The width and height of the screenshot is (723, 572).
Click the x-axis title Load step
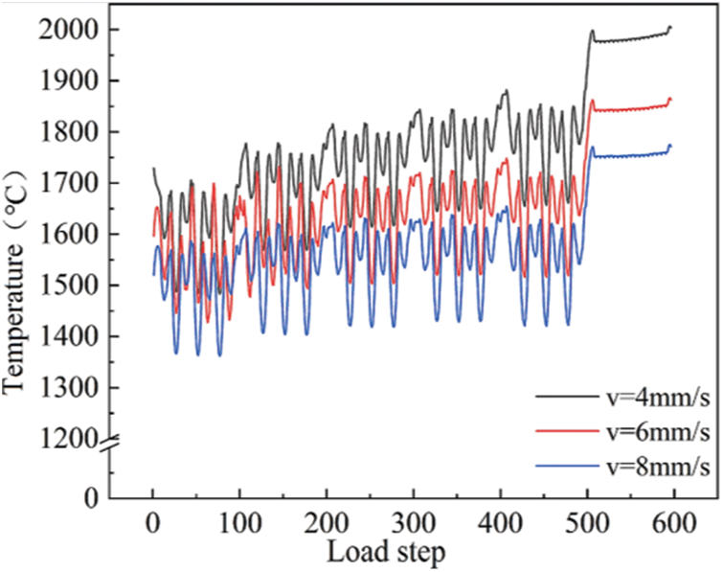[x=386, y=553]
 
